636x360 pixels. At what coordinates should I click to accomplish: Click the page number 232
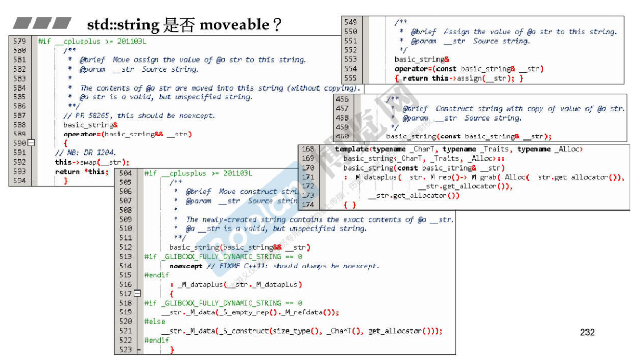[x=587, y=332]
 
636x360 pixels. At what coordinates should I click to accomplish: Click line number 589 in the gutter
[x=19, y=134]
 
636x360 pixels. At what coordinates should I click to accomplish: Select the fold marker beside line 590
[x=31, y=143]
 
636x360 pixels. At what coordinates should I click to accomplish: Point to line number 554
[x=351, y=69]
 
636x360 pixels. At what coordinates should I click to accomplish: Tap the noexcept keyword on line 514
[x=186, y=266]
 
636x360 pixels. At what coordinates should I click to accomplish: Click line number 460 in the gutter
[x=342, y=136]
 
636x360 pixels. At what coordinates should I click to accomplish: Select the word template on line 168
[x=353, y=149]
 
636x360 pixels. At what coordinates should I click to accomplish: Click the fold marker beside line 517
[x=137, y=294]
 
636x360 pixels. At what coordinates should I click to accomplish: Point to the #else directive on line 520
[x=155, y=322]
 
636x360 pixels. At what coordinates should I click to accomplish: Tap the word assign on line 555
[x=464, y=78]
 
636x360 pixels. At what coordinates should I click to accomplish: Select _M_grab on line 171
[x=487, y=177]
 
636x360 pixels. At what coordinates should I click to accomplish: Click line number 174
[x=307, y=204]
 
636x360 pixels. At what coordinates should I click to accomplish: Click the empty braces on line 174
[x=350, y=204]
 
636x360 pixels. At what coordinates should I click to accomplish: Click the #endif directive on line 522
[x=157, y=340]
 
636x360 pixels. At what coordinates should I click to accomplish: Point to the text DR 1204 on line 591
[x=92, y=153]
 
